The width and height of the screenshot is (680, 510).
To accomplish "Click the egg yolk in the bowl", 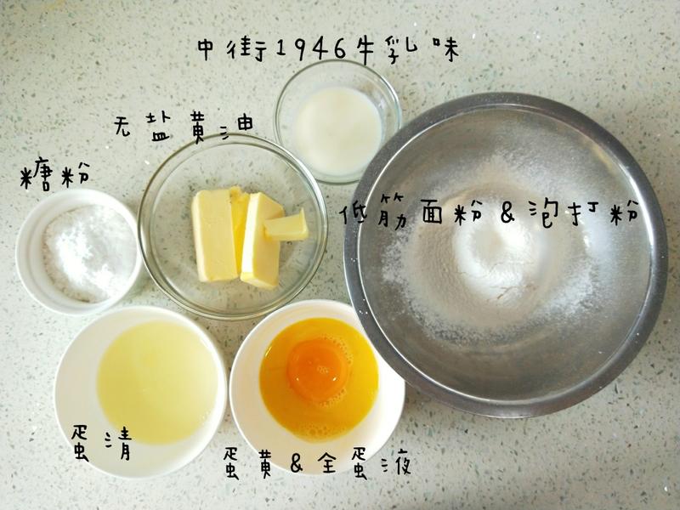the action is [318, 370].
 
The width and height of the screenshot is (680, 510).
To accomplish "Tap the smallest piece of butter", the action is [286, 226].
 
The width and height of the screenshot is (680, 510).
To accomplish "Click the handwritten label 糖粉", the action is [54, 174].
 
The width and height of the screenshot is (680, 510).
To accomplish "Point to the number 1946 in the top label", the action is [310, 49].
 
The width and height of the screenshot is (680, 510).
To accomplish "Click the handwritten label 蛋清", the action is [101, 442].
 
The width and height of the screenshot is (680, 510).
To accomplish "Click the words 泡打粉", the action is [585, 213].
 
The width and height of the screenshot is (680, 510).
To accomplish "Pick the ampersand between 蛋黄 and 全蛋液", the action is [296, 463].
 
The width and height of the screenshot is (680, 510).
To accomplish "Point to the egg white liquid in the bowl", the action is [157, 382].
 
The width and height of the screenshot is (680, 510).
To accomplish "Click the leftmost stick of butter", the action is [214, 235].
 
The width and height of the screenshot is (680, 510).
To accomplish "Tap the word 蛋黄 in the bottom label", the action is [252, 463].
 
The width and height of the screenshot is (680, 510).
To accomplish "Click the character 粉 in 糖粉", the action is [75, 174].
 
